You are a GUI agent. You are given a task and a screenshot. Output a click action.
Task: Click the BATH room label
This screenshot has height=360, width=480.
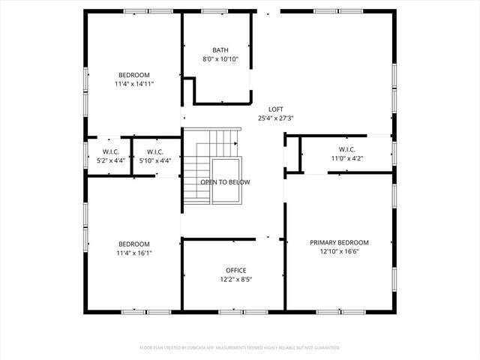220,49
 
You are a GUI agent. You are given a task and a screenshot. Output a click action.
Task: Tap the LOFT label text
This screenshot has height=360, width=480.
275,109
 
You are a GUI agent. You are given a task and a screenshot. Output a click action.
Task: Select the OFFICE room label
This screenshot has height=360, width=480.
236,270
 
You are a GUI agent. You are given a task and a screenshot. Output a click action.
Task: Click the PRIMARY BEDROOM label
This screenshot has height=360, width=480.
340,242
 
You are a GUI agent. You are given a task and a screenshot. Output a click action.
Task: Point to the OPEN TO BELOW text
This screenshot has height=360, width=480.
225,182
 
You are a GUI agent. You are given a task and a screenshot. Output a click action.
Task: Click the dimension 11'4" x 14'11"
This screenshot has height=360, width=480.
134,84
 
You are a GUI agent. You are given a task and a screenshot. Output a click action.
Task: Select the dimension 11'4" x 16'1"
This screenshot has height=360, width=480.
134,253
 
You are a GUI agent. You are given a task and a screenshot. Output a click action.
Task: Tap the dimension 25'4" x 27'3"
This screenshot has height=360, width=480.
275,118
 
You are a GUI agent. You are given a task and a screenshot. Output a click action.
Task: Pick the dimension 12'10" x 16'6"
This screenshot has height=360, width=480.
340,252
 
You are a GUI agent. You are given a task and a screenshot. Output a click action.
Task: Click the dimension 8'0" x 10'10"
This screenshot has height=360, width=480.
220,59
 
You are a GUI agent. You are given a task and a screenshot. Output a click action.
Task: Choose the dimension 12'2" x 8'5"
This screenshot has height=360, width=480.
236,280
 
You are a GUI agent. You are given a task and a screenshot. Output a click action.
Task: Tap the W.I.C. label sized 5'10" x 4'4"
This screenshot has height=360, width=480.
155,151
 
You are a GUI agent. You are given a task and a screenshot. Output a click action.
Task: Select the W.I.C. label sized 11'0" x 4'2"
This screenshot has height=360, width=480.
346,148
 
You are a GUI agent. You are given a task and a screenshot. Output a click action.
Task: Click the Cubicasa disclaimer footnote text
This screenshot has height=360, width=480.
240,347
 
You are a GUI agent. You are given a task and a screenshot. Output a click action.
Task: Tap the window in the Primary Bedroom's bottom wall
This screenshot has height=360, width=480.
329,311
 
